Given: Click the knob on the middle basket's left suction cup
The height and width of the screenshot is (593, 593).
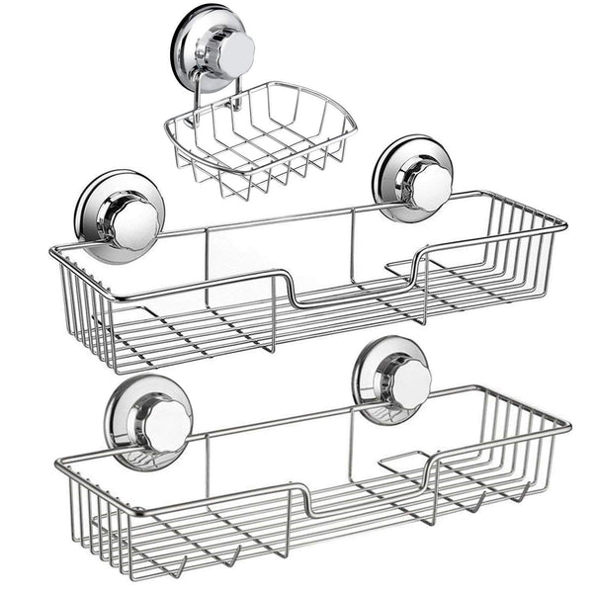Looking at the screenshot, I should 134,223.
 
